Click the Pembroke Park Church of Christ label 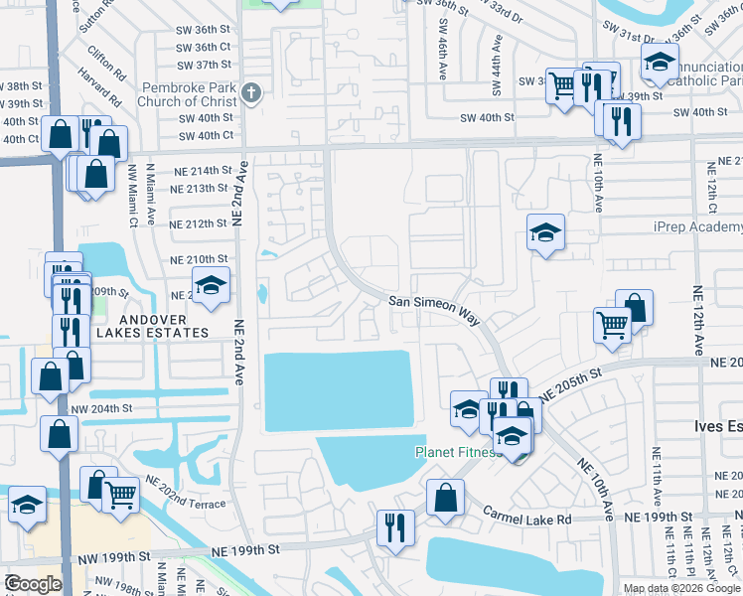point(189,95)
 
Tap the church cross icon point(251,94)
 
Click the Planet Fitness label point(454,453)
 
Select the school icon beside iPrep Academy point(545,232)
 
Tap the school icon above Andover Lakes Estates point(211,285)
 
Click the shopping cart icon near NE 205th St point(612,323)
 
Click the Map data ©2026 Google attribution point(680,588)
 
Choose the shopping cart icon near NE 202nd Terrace point(120,493)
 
